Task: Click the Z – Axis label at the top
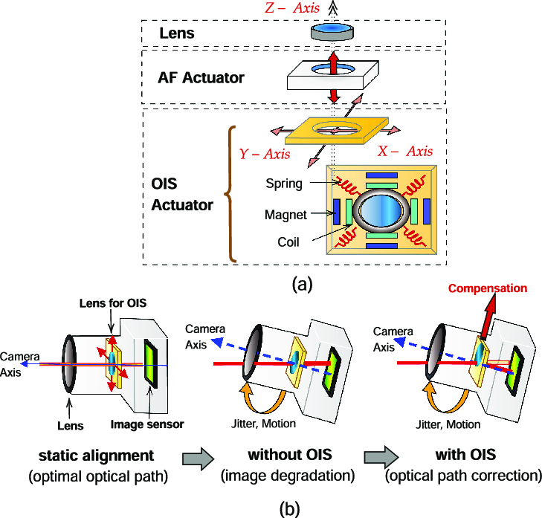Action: [x=292, y=7]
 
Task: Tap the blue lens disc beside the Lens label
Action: [x=332, y=31]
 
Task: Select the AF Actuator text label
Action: [x=201, y=77]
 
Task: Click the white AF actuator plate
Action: [x=333, y=75]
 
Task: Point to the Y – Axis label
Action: [x=265, y=154]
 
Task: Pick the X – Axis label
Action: [x=405, y=151]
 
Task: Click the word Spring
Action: [x=284, y=184]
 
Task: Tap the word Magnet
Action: [x=285, y=215]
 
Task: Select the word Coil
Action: [x=288, y=242]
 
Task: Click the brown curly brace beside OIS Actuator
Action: [x=230, y=194]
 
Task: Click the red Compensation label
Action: [x=488, y=288]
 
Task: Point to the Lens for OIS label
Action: [x=113, y=303]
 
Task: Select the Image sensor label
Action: [x=147, y=424]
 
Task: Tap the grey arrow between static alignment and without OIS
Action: [x=199, y=459]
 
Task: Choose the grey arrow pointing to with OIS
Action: [x=381, y=457]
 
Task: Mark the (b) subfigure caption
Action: [x=289, y=508]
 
